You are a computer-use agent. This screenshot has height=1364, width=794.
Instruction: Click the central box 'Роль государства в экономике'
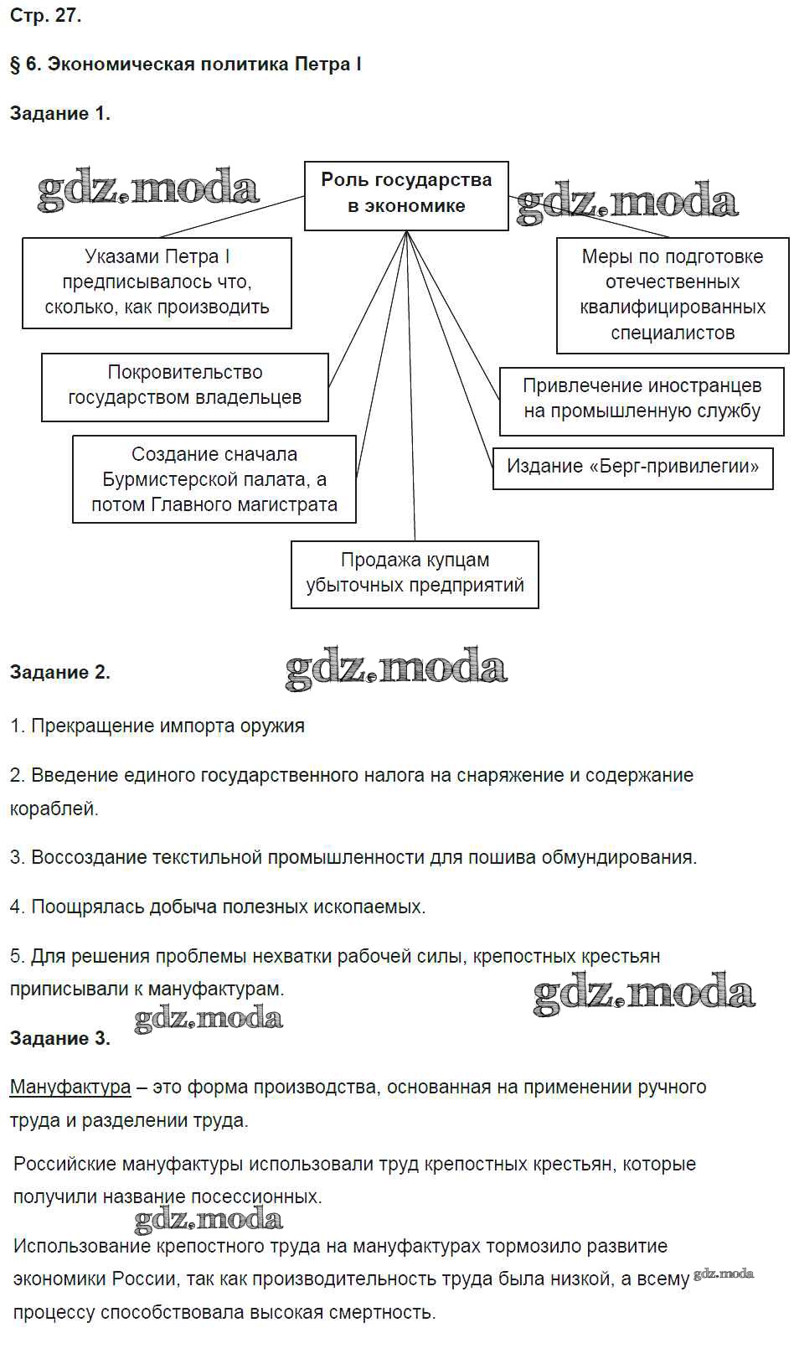point(406,195)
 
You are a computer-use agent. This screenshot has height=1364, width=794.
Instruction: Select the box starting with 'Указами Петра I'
point(157,282)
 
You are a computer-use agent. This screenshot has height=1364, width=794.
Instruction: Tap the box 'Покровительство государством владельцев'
point(185,386)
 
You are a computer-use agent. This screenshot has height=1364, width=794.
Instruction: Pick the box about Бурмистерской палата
point(214,479)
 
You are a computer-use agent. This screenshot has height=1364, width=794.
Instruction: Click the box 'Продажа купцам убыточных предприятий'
point(415,574)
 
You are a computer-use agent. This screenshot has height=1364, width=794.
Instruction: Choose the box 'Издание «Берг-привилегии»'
point(632,467)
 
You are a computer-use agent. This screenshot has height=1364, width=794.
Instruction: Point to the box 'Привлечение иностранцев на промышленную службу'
point(642,400)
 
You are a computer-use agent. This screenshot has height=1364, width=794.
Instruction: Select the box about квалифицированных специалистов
point(673,295)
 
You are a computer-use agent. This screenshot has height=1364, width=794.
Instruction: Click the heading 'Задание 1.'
point(60,114)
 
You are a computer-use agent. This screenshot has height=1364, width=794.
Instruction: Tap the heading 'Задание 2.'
point(60,672)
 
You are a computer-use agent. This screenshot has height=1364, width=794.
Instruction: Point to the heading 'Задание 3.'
point(60,1039)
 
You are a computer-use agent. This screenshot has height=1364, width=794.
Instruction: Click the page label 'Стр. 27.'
point(46,16)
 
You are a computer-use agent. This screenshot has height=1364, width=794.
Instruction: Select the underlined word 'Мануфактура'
point(70,1088)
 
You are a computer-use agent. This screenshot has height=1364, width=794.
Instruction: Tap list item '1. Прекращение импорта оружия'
point(157,726)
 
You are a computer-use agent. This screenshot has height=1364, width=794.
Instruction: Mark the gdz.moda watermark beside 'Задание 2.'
point(396,669)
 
